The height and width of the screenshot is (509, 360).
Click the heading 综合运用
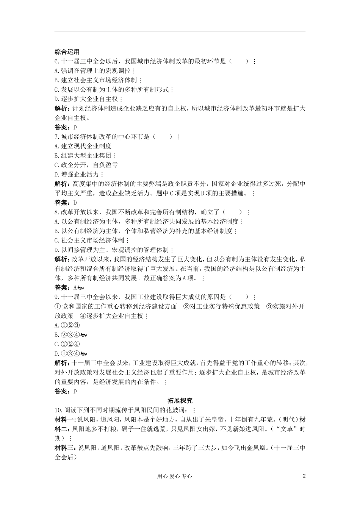[67, 52]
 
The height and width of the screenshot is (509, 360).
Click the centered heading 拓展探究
[180, 400]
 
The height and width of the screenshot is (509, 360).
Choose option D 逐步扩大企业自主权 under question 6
[88, 99]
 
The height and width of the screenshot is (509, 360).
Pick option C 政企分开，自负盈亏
[86, 165]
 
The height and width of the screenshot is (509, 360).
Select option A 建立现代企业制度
[83, 146]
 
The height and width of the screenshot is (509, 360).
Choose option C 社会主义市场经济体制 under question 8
[91, 240]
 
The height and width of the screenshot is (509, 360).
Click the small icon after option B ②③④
[84, 335]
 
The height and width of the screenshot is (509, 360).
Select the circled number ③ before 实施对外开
[269, 306]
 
